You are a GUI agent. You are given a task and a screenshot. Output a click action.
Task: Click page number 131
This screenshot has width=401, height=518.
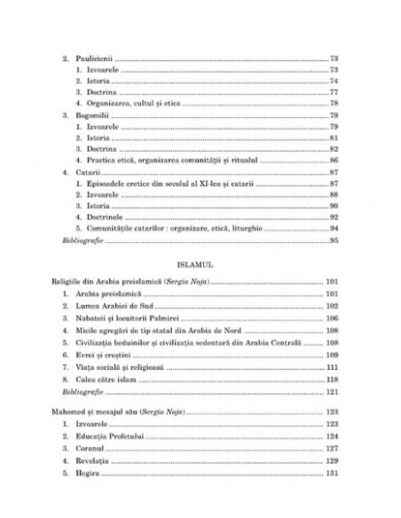pos(334,473)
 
